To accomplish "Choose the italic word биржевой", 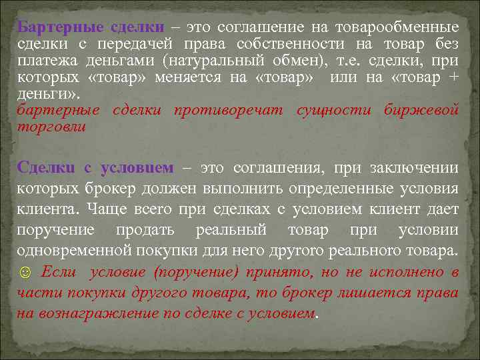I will pos(421,109).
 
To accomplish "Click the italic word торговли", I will pos(51,126).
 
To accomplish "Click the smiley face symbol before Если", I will pos(24,272).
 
